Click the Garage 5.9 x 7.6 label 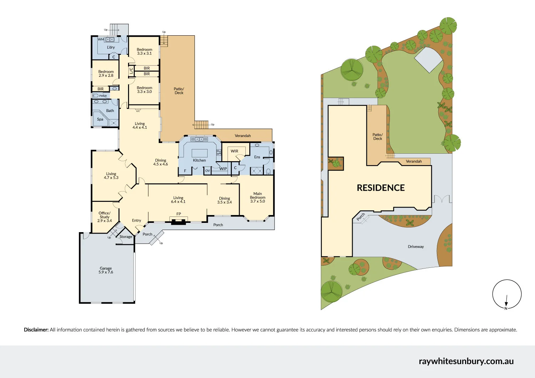pyautogui.click(x=106, y=270)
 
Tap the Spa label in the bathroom pyautogui.click(x=100, y=119)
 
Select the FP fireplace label pyautogui.click(x=179, y=214)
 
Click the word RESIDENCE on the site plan pyautogui.click(x=381, y=188)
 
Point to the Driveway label pyautogui.click(x=416, y=246)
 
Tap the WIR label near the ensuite pyautogui.click(x=234, y=151)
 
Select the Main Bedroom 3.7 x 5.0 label pyautogui.click(x=258, y=198)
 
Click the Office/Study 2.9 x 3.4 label pyautogui.click(x=105, y=217)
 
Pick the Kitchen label pyautogui.click(x=199, y=160)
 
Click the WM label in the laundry pyautogui.click(x=101, y=39)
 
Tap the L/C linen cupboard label pyautogui.click(x=131, y=71)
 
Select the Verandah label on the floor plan pyautogui.click(x=243, y=136)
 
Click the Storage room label pyautogui.click(x=126, y=237)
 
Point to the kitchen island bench pyautogui.click(x=199, y=153)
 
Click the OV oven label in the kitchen pyautogui.click(x=208, y=170)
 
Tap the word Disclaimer pyautogui.click(x=36, y=330)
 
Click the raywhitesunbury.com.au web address pyautogui.click(x=466, y=361)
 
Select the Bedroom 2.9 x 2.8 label pyautogui.click(x=106, y=73)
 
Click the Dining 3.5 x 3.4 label pyautogui.click(x=224, y=200)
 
